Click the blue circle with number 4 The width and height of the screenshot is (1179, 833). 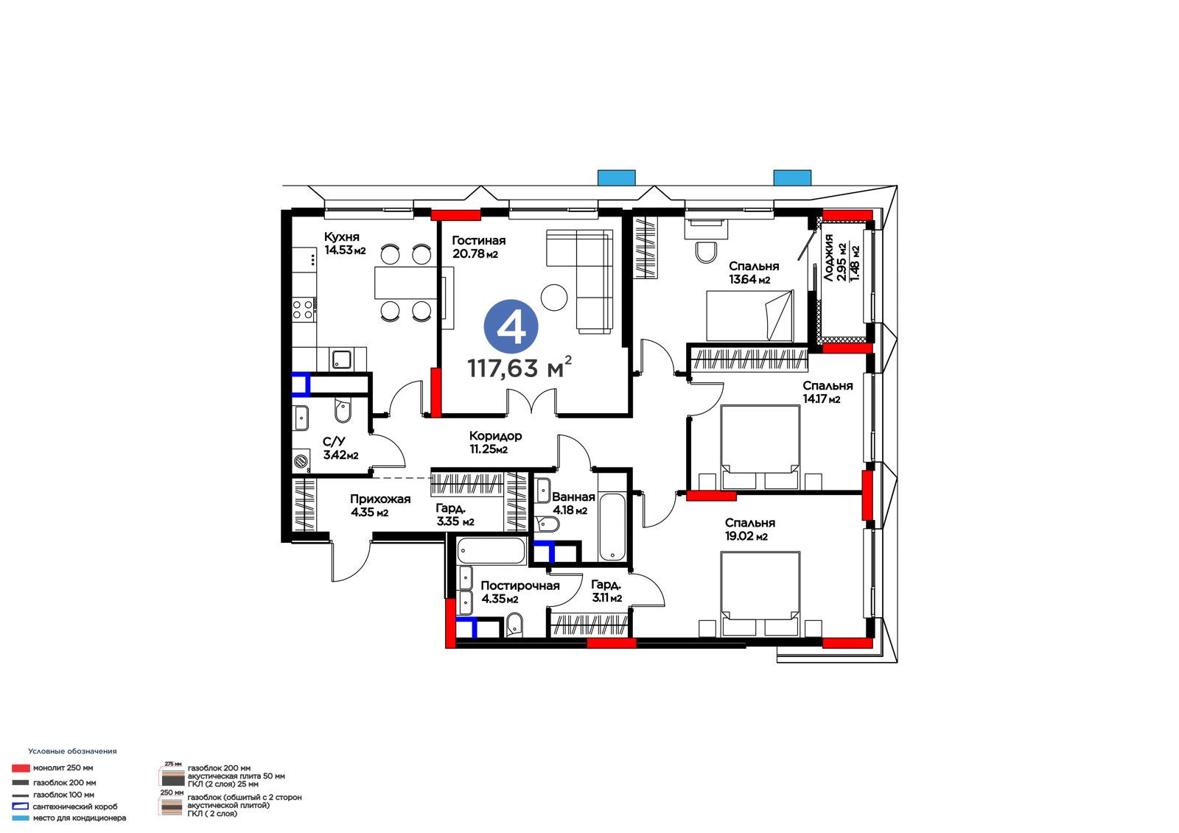coord(511,327)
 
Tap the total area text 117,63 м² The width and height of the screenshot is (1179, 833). coord(519,368)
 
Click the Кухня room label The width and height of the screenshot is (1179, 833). coord(342,237)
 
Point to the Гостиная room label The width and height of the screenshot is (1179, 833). coord(478,241)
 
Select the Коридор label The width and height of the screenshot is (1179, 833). coord(495,436)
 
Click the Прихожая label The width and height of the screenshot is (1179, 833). coord(380,499)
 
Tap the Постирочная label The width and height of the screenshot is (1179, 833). coord(520,586)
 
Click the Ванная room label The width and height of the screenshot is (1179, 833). coord(573,496)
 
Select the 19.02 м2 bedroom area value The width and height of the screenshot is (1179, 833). coord(746,536)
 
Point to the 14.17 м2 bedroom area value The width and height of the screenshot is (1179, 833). coord(821,399)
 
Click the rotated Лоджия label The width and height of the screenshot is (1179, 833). coord(828,258)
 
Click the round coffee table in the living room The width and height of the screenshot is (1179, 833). coord(553,298)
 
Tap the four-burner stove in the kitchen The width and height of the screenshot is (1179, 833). coord(303,310)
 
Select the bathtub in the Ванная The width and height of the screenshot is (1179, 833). coord(612,527)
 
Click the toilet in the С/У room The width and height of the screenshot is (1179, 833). coord(343,410)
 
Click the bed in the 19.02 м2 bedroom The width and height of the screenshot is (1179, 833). coord(760,594)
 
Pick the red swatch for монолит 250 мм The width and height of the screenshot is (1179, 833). coord(21,768)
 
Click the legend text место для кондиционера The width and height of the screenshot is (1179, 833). coord(79,818)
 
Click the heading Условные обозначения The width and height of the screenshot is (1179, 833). coord(72,751)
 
